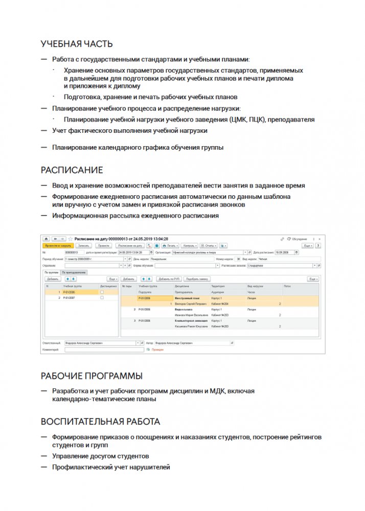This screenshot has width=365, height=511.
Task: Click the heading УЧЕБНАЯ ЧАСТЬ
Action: [x=77, y=44]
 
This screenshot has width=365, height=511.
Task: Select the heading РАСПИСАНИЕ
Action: [x=72, y=170]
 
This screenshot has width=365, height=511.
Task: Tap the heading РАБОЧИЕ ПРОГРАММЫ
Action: [x=92, y=376]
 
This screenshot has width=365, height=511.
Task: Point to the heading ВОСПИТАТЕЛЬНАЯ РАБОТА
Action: [x=100, y=422]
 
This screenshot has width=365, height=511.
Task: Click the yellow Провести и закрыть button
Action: [x=57, y=245]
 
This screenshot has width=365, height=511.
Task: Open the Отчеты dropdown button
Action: [x=208, y=245]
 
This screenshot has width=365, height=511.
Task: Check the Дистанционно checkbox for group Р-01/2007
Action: [x=102, y=297]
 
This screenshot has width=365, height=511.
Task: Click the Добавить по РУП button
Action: [x=169, y=279]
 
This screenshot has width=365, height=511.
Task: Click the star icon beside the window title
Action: [x=70, y=239]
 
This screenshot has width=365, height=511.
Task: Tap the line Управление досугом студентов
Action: [x=101, y=456]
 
